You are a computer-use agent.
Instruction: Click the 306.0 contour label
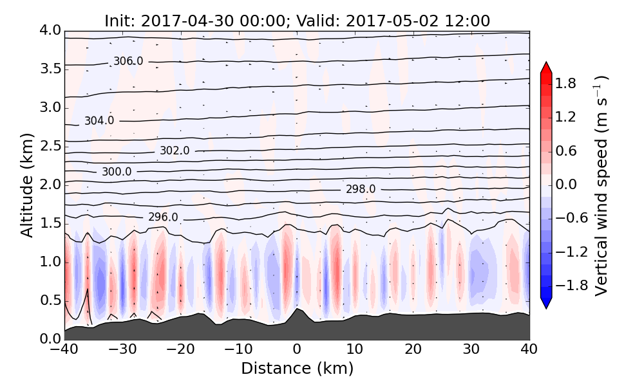click(x=128, y=62)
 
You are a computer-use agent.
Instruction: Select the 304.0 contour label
click(x=99, y=121)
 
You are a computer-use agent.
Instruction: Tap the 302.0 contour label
click(x=175, y=151)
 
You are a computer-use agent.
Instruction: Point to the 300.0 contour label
click(x=117, y=172)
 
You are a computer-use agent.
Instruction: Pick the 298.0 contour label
click(x=361, y=189)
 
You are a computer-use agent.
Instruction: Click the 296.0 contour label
click(x=163, y=217)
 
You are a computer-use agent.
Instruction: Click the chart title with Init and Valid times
click(x=297, y=21)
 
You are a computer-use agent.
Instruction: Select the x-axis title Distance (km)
click(x=297, y=369)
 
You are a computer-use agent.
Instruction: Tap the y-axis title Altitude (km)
click(x=27, y=185)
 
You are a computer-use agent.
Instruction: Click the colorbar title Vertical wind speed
click(x=601, y=185)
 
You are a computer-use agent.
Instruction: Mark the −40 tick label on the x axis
click(x=65, y=350)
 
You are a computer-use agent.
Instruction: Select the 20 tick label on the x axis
click(x=413, y=350)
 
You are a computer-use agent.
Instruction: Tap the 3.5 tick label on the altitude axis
click(x=48, y=69)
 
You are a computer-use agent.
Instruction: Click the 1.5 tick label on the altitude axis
click(x=48, y=223)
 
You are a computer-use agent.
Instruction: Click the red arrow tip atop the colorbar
click(x=546, y=66)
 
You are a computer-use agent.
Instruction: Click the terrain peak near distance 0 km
click(x=296, y=309)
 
